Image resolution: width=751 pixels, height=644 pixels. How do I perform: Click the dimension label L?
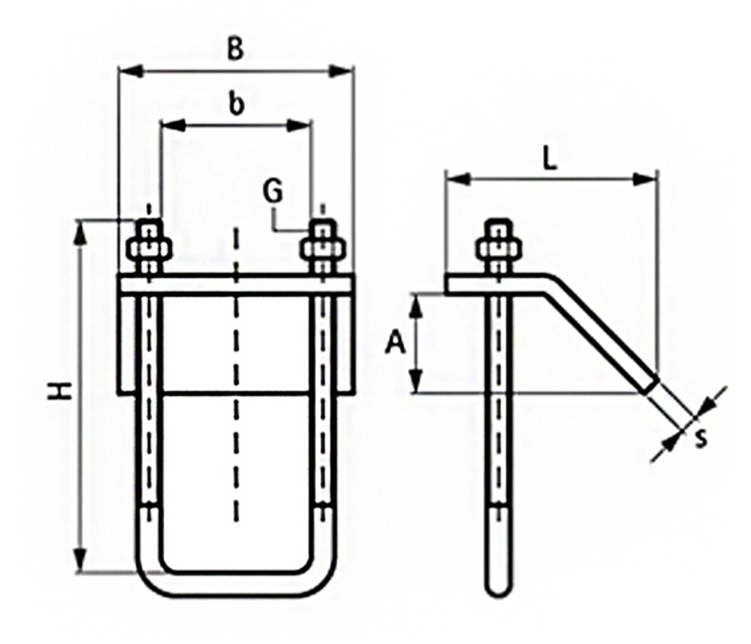point(550,160)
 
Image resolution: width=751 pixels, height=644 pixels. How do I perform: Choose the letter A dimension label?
point(395,344)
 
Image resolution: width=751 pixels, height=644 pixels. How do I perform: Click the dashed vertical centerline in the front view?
point(236,376)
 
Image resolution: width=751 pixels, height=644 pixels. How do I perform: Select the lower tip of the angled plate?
point(652,385)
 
